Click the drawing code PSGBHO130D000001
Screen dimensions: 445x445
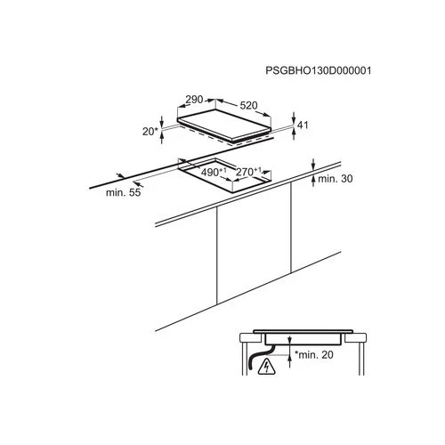pos(318,70)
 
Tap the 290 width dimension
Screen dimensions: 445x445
pos(194,100)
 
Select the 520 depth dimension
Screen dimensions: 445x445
pos(248,105)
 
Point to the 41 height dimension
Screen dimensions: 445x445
pos(303,125)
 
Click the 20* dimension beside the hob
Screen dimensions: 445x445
pos(150,132)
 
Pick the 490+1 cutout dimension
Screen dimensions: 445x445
pos(214,172)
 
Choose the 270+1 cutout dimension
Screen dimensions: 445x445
pos(248,172)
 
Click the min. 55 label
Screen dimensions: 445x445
pos(124,192)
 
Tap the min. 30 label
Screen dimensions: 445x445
pos(336,179)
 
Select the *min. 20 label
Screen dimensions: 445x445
pos(314,354)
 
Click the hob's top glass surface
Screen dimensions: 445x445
pos(224,124)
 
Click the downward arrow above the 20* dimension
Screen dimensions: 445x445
pos(162,121)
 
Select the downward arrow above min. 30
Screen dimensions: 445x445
pos(313,165)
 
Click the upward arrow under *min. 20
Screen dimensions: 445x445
pos(290,361)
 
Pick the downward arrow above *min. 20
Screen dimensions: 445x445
pos(290,340)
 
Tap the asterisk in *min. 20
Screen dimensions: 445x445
pos(296,352)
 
